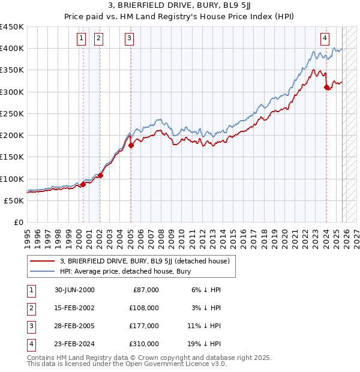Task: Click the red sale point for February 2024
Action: point(326,87)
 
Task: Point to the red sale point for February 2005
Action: point(131,145)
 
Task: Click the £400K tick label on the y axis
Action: point(12,49)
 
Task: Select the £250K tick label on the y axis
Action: point(12,113)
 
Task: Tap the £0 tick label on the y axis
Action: point(18,222)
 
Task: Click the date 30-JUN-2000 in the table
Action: point(74,290)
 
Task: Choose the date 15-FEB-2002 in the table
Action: point(74,308)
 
